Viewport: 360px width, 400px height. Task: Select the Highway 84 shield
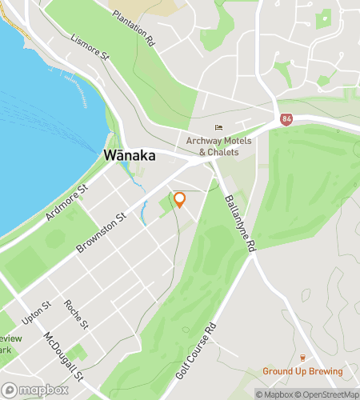click(x=286, y=119)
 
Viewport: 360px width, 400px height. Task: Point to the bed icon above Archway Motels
click(x=218, y=127)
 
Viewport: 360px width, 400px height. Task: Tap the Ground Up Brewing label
click(x=302, y=371)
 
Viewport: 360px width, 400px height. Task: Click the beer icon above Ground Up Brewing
click(x=303, y=358)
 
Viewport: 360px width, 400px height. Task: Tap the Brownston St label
click(x=102, y=234)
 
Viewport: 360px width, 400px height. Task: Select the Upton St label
click(x=37, y=312)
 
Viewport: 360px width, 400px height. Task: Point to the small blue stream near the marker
click(x=145, y=212)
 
